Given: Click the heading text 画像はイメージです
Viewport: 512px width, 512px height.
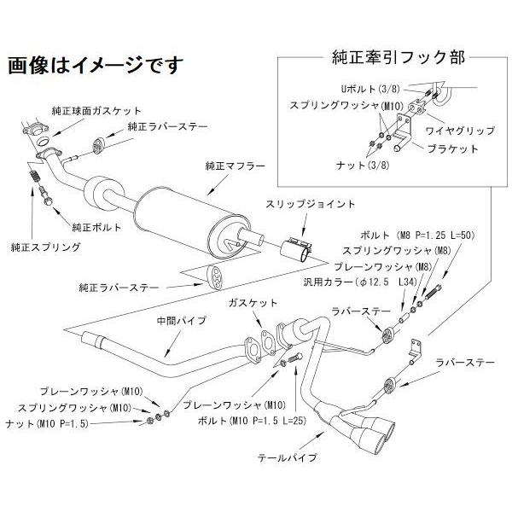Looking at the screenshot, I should (x=95, y=65).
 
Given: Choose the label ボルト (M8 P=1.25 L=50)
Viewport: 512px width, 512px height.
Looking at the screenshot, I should (x=404, y=235).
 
